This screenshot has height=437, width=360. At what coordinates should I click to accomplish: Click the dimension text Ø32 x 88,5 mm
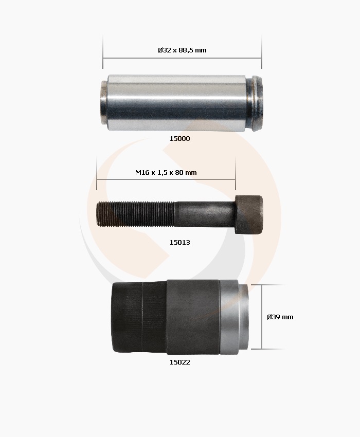tap(182, 50)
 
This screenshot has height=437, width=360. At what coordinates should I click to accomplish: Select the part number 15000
tap(179, 138)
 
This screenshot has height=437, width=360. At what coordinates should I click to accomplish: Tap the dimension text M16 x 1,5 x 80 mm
tap(166, 172)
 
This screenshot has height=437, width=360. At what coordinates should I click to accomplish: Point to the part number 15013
tap(179, 242)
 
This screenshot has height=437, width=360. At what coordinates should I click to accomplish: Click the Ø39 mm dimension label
tap(280, 317)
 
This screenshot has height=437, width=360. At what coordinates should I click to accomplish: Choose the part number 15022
tap(179, 362)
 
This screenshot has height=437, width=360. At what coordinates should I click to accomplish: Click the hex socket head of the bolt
tap(249, 214)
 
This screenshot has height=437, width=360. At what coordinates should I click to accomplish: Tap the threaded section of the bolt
tap(136, 214)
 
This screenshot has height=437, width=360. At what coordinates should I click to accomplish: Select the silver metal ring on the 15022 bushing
tap(235, 318)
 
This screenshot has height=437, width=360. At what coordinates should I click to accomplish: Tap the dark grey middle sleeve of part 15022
tap(193, 317)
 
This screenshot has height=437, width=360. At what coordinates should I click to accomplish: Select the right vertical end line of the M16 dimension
tap(236, 175)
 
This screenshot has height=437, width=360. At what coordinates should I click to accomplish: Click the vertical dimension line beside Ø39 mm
tap(262, 317)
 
